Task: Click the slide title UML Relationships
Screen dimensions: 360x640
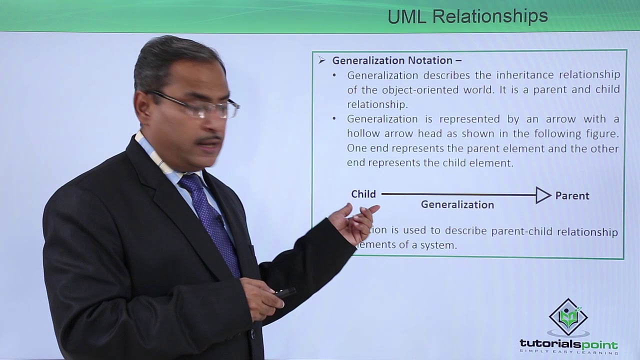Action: [x=467, y=16]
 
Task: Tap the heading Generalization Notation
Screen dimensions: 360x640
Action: [x=392, y=60]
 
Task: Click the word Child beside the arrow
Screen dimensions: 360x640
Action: [x=363, y=194]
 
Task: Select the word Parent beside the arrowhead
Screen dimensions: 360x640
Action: [x=572, y=196]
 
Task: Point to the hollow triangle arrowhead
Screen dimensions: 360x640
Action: [x=543, y=195]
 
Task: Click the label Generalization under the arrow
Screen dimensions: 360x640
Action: [x=457, y=204]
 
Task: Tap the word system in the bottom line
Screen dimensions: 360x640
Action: [x=441, y=245]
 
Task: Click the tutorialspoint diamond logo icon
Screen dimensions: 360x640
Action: [x=568, y=317]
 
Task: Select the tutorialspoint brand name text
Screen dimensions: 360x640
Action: [x=568, y=344]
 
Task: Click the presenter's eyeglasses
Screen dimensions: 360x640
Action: [x=205, y=106]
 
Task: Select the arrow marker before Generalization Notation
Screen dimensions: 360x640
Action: [x=322, y=60]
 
